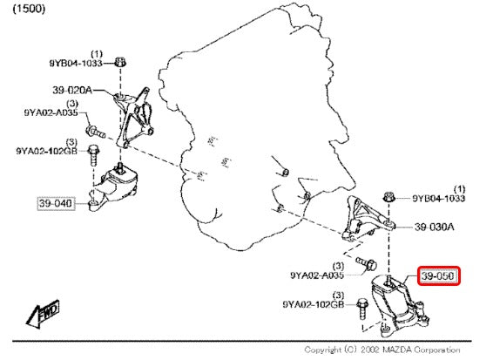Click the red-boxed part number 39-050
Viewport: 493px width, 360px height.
pyautogui.click(x=438, y=276)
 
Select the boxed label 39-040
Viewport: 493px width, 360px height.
pyautogui.click(x=56, y=203)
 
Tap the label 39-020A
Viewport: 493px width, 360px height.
pyautogui.click(x=72, y=91)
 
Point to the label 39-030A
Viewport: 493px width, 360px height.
pyautogui.click(x=434, y=227)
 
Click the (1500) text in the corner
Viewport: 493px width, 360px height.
pyautogui.click(x=29, y=9)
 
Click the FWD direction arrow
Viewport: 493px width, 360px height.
pyautogui.click(x=43, y=314)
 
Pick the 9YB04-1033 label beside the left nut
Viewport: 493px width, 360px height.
pyautogui.click(x=76, y=64)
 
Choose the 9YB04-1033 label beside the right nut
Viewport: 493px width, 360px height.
pyautogui.click(x=439, y=198)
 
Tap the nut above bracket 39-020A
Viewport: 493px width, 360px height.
pyautogui.click(x=119, y=62)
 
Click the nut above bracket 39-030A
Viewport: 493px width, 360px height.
pyautogui.click(x=389, y=197)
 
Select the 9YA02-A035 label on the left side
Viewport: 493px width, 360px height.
pyautogui.click(x=51, y=112)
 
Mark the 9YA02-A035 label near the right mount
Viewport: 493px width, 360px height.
pyautogui.click(x=317, y=275)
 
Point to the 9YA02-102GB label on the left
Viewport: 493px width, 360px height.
pyautogui.click(x=46, y=151)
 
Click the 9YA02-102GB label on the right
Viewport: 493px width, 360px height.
pyautogui.click(x=314, y=304)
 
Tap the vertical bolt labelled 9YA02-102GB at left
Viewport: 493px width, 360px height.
pyautogui.click(x=93, y=155)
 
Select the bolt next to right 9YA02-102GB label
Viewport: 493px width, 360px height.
pyautogui.click(x=362, y=309)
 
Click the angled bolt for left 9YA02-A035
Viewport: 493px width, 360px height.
pyautogui.click(x=95, y=132)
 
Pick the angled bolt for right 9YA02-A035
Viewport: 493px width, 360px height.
pyautogui.click(x=367, y=264)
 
